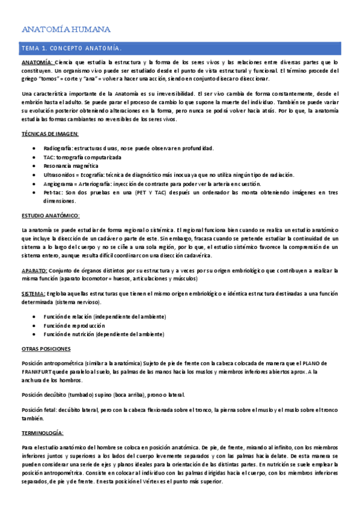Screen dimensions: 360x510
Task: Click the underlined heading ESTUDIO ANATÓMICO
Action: pos(50,215)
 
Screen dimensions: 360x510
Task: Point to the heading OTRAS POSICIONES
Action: pos(47,348)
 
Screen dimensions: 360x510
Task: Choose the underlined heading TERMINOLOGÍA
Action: pos(46,433)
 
